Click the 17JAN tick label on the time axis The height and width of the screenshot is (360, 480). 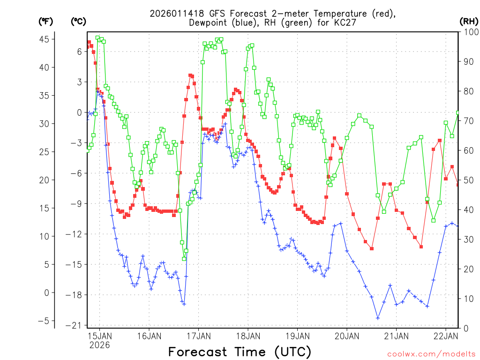coord(198,336)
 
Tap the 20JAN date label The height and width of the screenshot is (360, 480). coord(346,336)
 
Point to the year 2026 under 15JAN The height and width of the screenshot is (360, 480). coord(99,345)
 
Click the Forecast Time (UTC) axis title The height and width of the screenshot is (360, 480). coord(240,352)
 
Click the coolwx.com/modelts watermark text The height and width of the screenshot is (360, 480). coord(431,353)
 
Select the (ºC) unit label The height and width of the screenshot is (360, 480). coord(78,22)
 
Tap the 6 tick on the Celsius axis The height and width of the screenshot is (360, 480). coord(79,52)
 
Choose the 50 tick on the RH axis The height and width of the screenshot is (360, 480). coord(467,180)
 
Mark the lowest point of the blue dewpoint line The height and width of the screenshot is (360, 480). coord(378,318)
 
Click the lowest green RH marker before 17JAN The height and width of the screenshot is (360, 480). coord(184,258)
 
